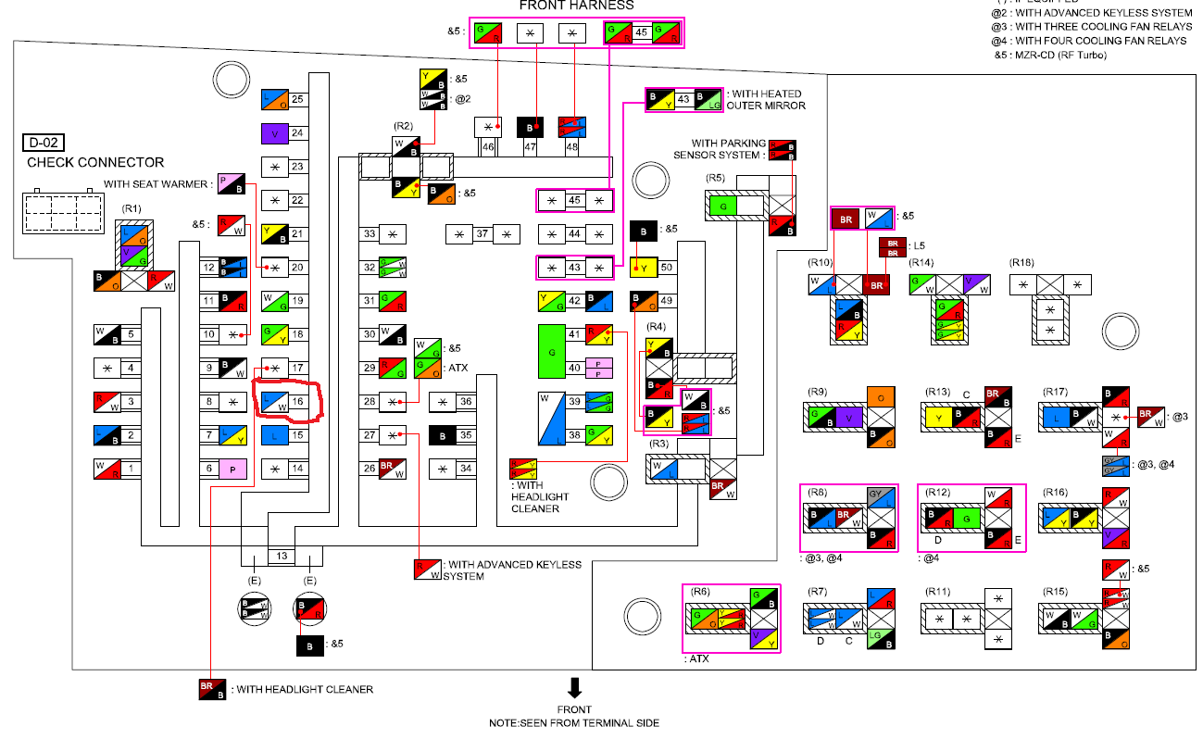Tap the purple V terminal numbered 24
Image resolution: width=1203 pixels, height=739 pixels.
[x=275, y=133]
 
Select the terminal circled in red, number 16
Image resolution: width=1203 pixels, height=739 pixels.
[x=275, y=401]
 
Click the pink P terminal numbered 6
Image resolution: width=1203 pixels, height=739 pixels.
[x=232, y=469]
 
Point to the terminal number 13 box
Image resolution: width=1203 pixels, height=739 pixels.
[x=282, y=556]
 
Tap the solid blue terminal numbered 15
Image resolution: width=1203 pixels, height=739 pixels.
[x=275, y=435]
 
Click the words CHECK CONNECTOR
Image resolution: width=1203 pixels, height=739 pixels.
[x=95, y=162]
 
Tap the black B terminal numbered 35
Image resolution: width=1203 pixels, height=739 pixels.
[x=443, y=435]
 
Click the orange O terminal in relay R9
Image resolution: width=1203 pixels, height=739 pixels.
[x=882, y=397]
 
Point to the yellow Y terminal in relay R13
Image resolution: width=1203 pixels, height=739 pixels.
[x=940, y=418]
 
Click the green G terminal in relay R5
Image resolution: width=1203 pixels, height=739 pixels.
[x=723, y=205]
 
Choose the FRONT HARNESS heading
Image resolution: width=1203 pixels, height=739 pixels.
[x=576, y=6]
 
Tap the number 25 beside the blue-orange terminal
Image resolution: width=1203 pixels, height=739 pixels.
[x=298, y=100]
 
